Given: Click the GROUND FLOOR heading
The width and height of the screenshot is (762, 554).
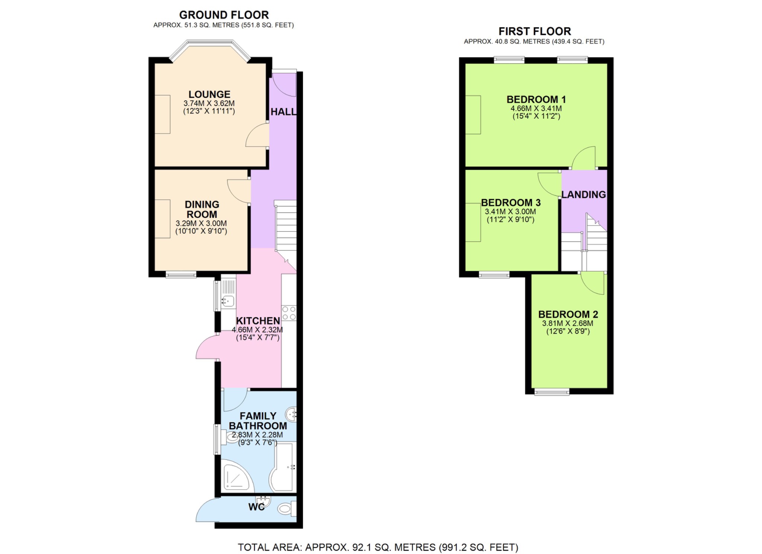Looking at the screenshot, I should pos(224,15).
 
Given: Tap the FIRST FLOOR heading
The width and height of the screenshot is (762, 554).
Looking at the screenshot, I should pos(534,31).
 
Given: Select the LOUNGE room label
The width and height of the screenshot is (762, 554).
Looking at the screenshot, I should pos(209,95).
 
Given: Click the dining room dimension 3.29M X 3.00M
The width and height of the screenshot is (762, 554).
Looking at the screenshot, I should pos(201,224).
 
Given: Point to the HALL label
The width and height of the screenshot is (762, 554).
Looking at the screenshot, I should pos(283,112).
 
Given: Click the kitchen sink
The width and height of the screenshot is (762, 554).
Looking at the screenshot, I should pos(228,300).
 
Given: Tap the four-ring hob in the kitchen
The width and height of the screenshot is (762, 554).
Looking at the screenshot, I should pos(289,313).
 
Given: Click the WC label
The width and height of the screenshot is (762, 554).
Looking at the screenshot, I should pos(256,507).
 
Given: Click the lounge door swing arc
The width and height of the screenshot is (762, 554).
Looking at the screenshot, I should pos(257,136).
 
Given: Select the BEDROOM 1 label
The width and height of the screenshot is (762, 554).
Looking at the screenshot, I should pos(536,100).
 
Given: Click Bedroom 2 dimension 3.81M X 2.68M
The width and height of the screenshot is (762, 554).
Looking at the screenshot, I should pos(567,324).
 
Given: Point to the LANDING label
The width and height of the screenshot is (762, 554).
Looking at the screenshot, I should pos(583,195).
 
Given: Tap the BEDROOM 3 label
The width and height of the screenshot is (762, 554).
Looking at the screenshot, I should pos(510,203).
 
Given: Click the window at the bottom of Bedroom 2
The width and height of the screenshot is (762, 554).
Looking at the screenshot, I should pos(552,391).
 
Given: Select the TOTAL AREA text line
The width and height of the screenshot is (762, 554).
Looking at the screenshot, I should pos(378,547).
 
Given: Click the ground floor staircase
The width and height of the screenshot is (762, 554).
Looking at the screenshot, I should pos(286,227).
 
